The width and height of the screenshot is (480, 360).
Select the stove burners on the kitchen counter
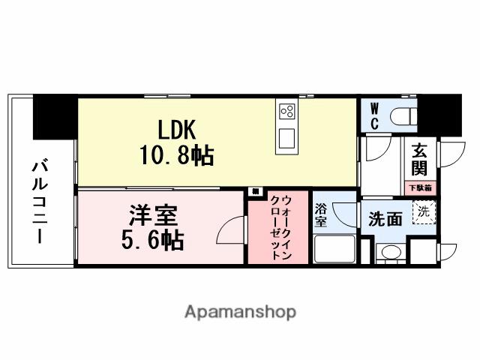[286, 112]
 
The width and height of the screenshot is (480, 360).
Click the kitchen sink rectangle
[286, 139]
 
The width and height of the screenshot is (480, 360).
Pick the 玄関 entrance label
[418, 161]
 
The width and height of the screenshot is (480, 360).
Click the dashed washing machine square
[424, 212]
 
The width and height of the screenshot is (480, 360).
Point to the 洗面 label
[385, 218]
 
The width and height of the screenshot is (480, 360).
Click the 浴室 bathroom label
[320, 215]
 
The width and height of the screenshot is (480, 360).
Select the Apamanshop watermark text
[240, 311]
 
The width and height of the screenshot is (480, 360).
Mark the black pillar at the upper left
[54, 116]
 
